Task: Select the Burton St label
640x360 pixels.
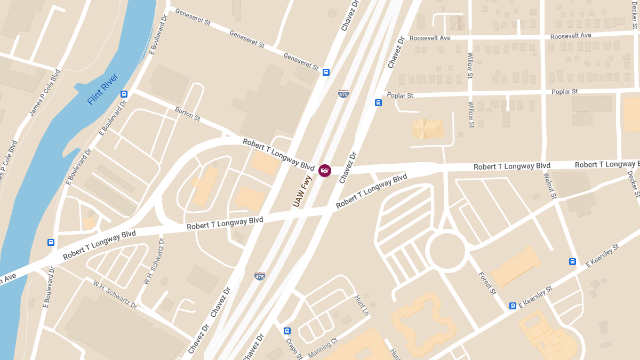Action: pos(188,114)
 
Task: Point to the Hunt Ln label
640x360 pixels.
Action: pos(362,306)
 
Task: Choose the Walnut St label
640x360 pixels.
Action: pos(550,186)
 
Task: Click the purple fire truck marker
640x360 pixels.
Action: pos(324,171)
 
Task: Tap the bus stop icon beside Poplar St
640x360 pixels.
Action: pos(378,102)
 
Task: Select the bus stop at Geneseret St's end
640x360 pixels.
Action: pos(326,72)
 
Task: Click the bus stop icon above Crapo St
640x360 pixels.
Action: pos(287,331)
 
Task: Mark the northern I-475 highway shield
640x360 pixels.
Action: pos(343,93)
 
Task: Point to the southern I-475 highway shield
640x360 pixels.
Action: pos(260,276)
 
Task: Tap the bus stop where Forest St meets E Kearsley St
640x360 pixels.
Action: pos(512,306)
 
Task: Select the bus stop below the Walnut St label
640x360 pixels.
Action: pos(572,261)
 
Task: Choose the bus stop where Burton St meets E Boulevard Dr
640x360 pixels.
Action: pos(124,94)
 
